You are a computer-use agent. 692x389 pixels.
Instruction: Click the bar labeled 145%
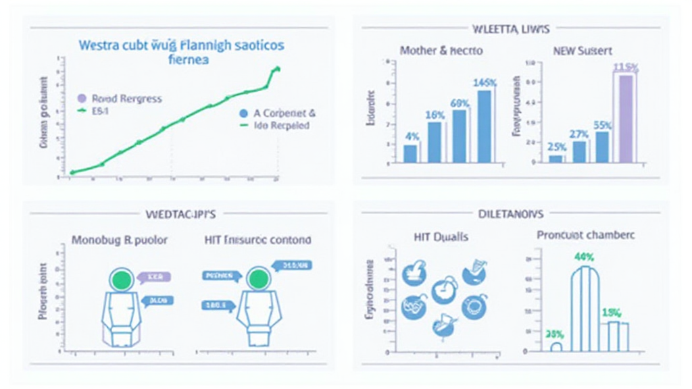pos(485,126)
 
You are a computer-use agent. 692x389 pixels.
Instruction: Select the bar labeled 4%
pos(410,153)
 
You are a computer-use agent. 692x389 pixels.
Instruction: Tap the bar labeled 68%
pos(460,136)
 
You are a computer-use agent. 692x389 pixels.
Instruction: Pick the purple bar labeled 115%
pos(626,118)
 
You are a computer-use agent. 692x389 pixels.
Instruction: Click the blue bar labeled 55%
pos(602,147)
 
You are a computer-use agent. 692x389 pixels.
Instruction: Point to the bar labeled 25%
pos(555,159)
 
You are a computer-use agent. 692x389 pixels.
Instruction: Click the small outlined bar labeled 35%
pos(556,347)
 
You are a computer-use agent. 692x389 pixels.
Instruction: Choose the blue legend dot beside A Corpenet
pos(243,114)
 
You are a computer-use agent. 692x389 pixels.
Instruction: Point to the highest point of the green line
pos(276,68)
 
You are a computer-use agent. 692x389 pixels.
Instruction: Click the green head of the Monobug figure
pos(122,279)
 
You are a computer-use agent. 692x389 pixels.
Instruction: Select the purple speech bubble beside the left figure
pos(155,277)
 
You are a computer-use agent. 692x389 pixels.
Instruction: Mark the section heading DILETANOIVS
pos(512,213)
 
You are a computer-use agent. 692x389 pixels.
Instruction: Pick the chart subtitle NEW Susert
pos(582,51)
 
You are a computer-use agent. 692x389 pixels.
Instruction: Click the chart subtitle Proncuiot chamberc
pos(585,236)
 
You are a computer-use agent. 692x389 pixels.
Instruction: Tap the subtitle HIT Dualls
pos(441,237)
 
